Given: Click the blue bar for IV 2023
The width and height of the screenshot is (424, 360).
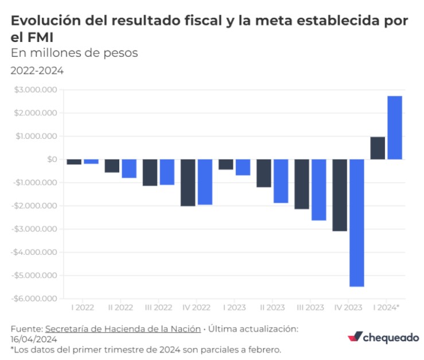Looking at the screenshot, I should coord(356,222).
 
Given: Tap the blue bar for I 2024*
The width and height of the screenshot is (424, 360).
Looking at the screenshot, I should coord(394,127).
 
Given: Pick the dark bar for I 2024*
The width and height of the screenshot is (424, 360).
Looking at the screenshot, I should coord(378,148).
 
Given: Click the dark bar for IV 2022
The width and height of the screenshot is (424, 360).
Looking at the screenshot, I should coord(188,183).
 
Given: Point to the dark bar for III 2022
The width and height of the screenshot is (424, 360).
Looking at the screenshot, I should coord(150,172).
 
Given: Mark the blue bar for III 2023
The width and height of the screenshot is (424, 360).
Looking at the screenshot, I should coord(318,189).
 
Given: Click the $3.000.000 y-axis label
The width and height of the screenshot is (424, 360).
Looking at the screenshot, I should coord(36,90).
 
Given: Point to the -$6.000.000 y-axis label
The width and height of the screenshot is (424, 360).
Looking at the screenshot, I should coord(34,299).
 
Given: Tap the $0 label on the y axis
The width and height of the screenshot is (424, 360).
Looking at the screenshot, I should coord(50,160).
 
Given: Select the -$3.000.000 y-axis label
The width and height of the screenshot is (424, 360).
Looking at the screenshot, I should coord(34,229).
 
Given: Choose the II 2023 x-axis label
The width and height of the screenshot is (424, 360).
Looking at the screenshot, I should coord(272,308).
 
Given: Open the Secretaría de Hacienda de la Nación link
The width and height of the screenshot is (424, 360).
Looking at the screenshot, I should coord(123,329).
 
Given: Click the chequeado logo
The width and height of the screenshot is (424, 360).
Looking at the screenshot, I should coord(383,338).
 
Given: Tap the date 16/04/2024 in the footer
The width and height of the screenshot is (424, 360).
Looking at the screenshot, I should coord(34,339).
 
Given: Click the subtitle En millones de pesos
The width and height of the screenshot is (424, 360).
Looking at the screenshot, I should coord(75,53).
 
